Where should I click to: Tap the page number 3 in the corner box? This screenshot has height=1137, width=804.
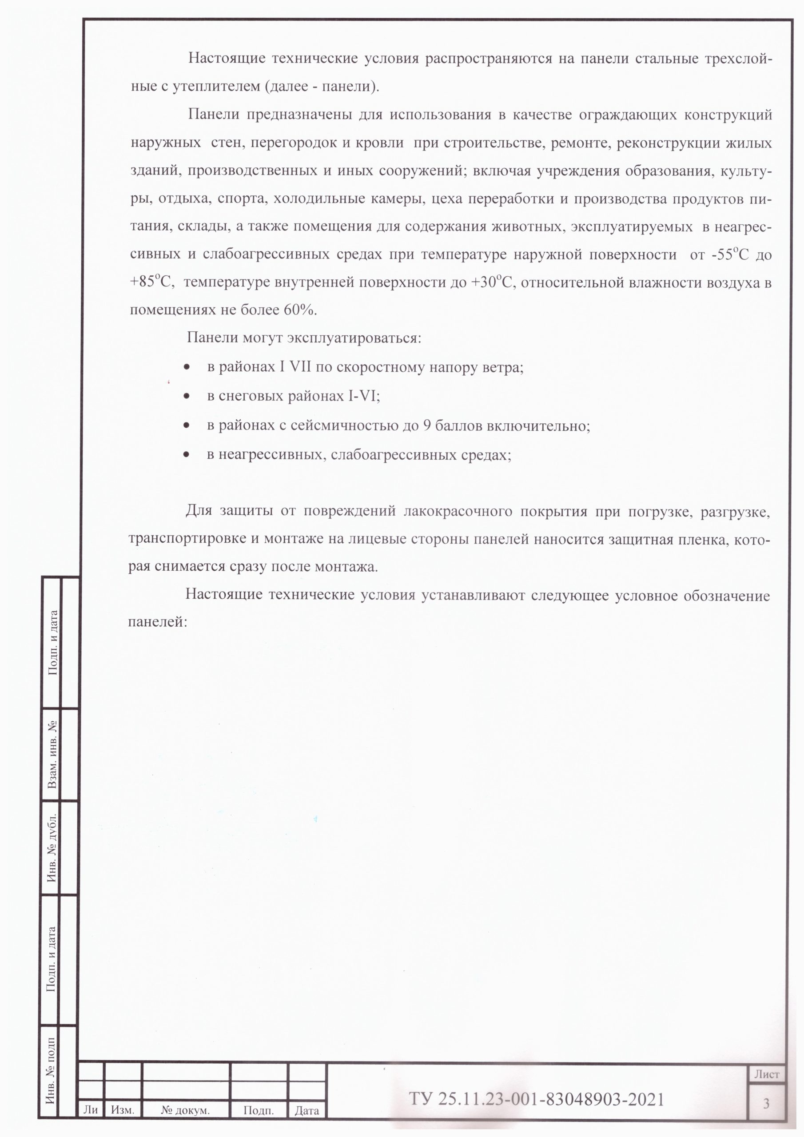[766, 1103]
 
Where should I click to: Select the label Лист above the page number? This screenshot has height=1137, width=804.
[766, 1074]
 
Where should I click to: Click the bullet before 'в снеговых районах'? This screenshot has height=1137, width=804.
[186, 397]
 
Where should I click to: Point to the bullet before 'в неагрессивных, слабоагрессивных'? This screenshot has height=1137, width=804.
[186, 454]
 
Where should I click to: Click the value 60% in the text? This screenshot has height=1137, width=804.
[299, 310]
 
